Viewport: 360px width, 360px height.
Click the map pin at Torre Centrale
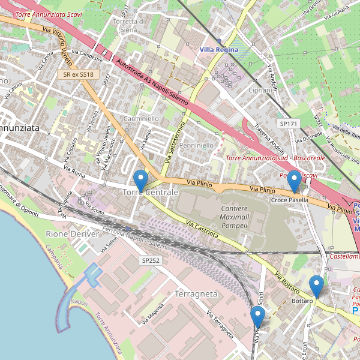click(x=140, y=180)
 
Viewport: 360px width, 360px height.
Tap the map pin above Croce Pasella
click(x=294, y=180)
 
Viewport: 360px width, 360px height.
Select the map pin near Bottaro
click(x=316, y=286)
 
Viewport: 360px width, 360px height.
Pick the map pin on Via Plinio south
click(x=259, y=317)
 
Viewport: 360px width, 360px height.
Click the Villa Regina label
click(x=219, y=50)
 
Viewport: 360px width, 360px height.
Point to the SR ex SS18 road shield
click(x=79, y=74)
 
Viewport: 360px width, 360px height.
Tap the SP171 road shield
click(x=288, y=124)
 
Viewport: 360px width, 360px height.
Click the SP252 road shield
click(x=151, y=260)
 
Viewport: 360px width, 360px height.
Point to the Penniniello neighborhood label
click(x=196, y=145)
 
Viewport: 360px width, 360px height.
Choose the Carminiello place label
click(x=141, y=119)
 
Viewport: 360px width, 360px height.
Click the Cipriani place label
click(x=260, y=90)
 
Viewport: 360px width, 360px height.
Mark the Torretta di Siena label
click(x=129, y=25)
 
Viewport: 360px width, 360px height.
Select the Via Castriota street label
click(x=202, y=230)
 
